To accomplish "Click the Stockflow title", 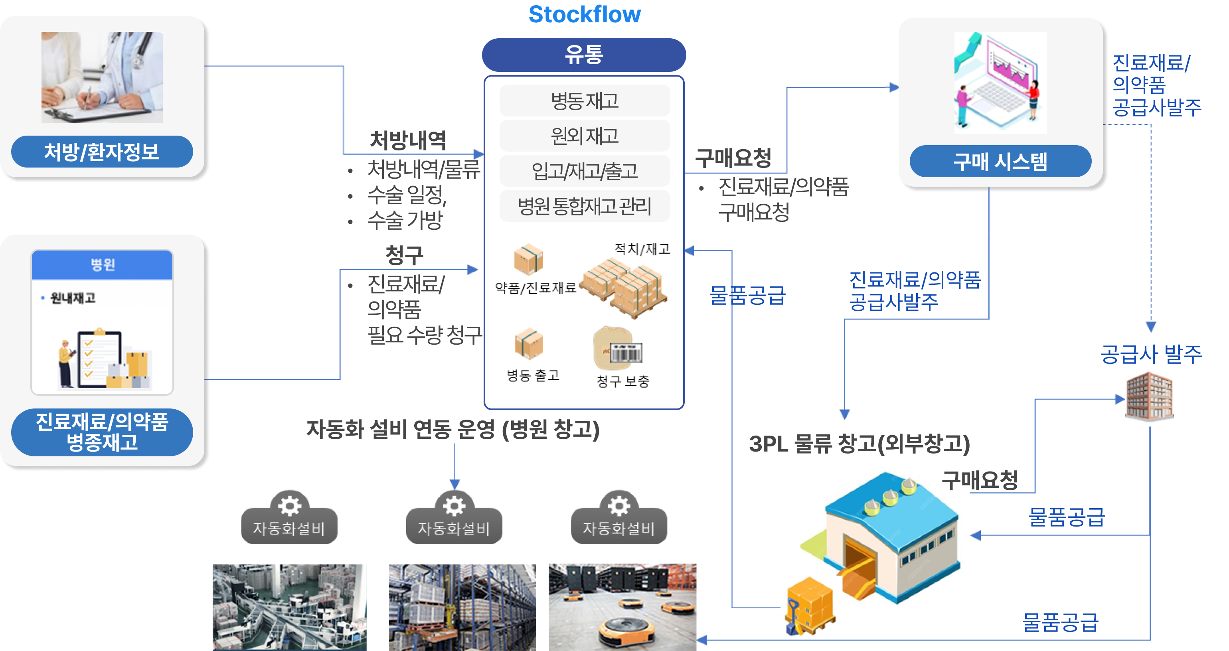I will point(585,14).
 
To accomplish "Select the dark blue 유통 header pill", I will point(584,55).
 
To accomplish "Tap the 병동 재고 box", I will point(585,101).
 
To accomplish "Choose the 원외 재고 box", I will point(585,136).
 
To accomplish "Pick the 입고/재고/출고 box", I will point(585,171).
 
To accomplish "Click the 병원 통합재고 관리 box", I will point(585,206).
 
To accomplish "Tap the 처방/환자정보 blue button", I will point(102,152).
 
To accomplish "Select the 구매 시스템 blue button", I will point(1000,161).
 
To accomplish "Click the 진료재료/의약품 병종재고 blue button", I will point(102,432).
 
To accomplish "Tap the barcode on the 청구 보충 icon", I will point(626,353).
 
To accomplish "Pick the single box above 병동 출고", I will point(529,343).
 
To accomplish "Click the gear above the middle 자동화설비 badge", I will point(454,505).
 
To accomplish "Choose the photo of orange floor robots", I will point(622,607).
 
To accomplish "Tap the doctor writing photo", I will point(102,77).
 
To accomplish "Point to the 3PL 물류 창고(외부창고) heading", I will point(859,444).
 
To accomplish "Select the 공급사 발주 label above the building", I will point(1151,354).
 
